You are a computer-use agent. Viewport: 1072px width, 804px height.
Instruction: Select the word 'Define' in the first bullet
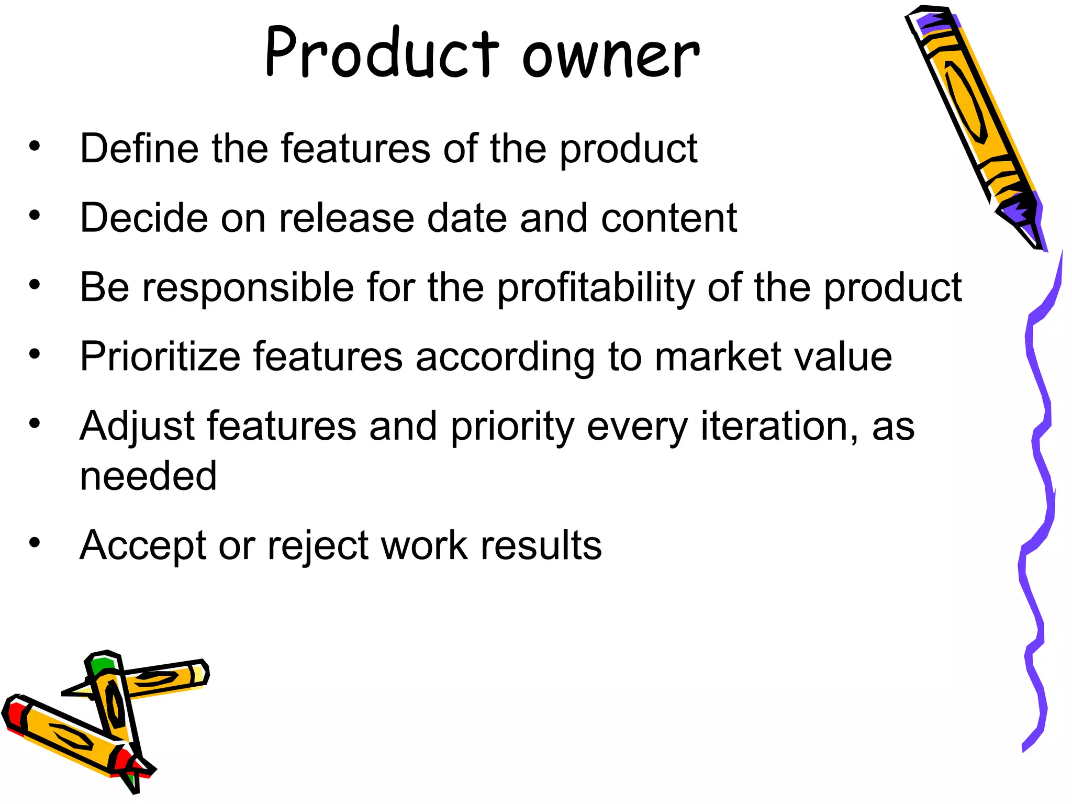(x=139, y=149)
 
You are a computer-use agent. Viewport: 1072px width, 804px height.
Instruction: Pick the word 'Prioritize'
(x=160, y=357)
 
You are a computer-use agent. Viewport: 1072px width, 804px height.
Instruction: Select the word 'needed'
(x=148, y=476)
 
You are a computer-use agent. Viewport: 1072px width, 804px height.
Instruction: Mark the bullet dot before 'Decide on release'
(x=35, y=215)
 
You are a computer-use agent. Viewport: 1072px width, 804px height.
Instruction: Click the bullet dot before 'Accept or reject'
(x=35, y=543)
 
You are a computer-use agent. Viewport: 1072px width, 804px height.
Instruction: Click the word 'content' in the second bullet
(x=669, y=218)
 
